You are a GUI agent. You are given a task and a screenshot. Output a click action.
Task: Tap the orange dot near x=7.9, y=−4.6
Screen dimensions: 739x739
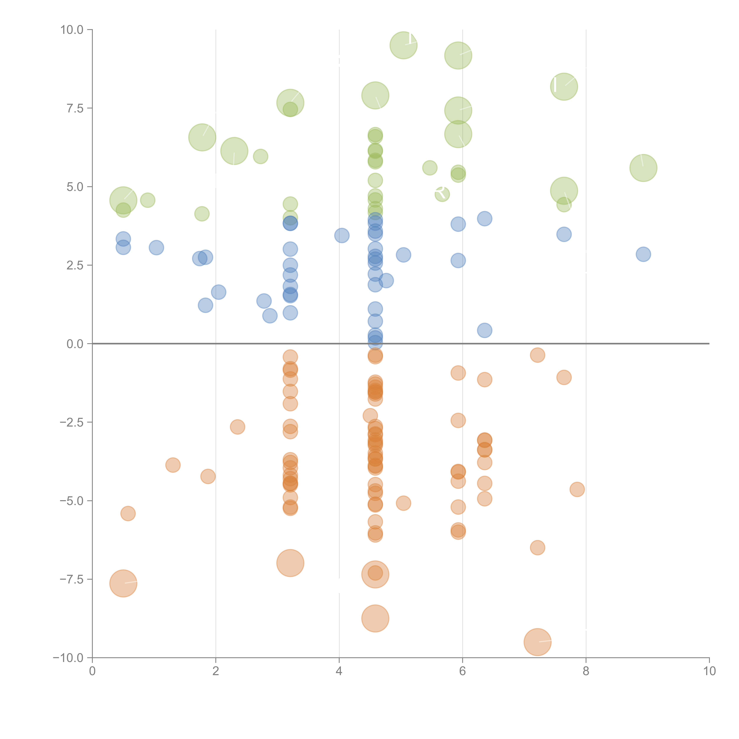point(577,489)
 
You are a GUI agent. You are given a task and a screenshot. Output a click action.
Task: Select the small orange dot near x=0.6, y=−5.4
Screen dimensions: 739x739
point(128,513)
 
